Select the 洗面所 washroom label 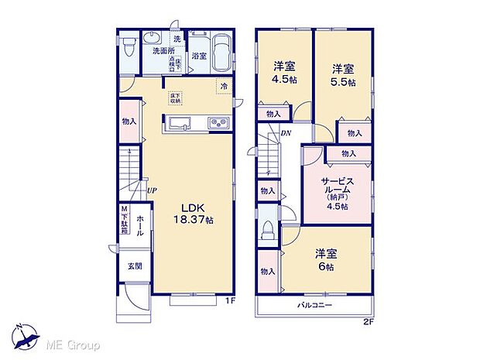[162, 51]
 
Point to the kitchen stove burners [217, 122]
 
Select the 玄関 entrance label [135, 266]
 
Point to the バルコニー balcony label [315, 306]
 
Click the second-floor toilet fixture [268, 230]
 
